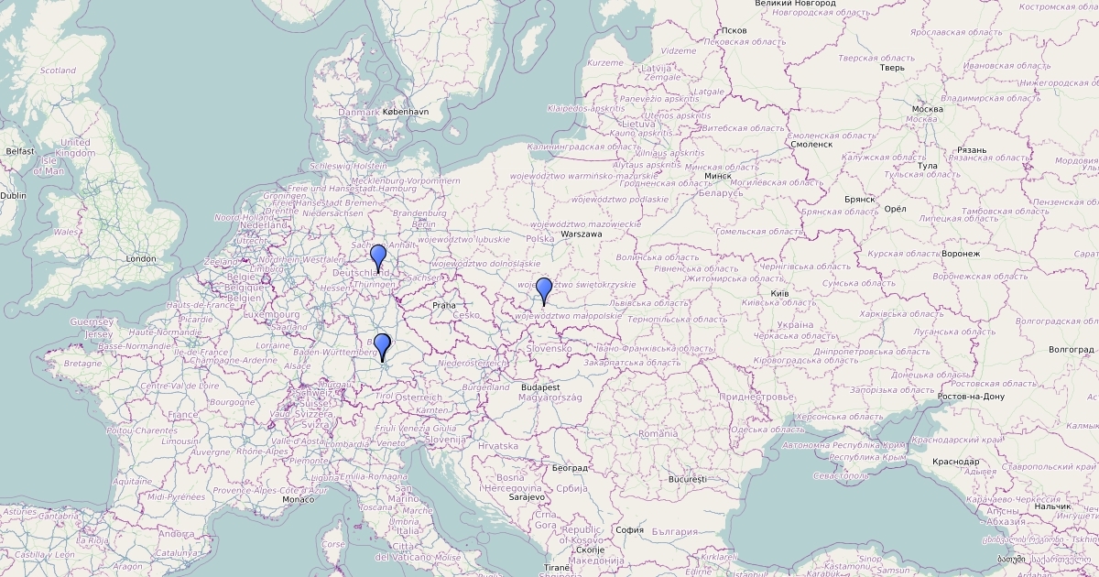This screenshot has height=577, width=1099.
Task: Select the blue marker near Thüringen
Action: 378,257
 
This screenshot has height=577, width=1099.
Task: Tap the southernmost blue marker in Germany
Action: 382,346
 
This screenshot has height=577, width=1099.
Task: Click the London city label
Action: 141,259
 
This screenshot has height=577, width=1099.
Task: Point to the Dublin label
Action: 13,195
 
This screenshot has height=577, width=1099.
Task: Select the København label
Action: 405,112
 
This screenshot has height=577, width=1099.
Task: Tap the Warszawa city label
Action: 582,234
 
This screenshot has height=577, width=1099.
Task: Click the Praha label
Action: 443,306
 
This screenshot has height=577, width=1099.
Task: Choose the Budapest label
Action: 541,387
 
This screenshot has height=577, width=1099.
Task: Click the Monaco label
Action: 299,499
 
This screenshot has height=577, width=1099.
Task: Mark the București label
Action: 688,479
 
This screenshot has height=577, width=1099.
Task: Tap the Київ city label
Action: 779,293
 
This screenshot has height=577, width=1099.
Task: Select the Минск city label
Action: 717,175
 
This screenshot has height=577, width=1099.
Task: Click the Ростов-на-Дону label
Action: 972,397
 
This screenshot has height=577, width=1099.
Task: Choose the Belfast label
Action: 19,151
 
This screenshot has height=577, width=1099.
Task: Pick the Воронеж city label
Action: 960,253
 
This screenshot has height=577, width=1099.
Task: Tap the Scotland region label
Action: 58,71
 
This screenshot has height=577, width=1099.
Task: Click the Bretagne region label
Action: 82,364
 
